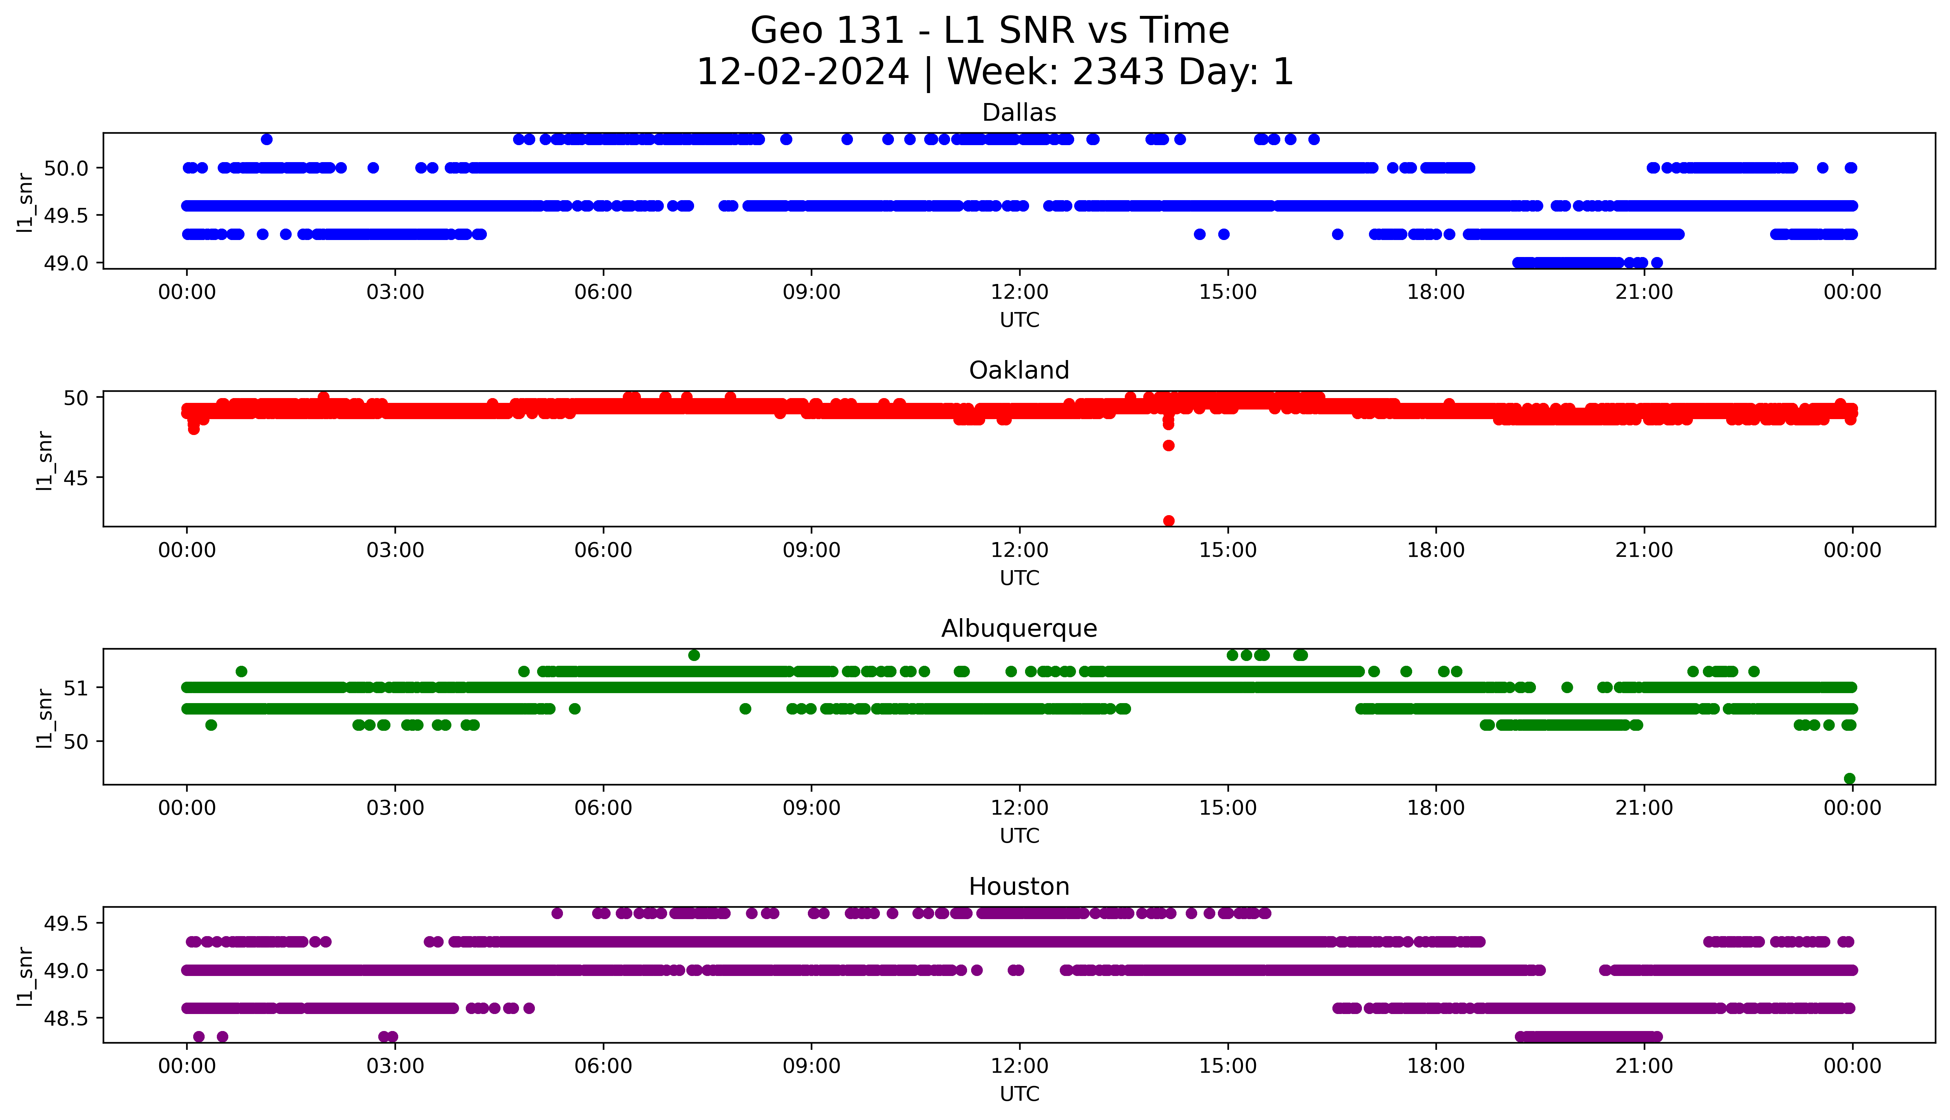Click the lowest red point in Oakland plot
point(1168,521)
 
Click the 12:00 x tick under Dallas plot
point(1019,292)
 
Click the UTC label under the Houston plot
point(1019,1094)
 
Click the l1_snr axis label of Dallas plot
point(25,202)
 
